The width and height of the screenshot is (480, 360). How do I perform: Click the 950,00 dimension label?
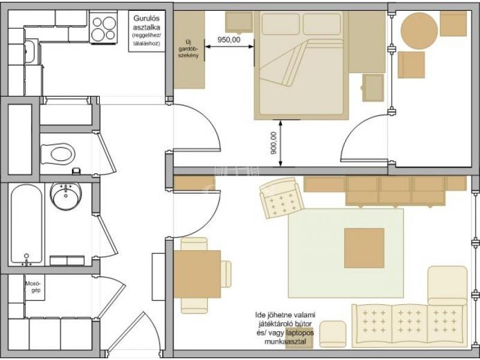229,40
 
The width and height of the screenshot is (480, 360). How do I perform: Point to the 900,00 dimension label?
274,143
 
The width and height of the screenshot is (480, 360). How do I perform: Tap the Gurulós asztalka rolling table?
146,31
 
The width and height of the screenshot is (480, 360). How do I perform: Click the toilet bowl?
58,154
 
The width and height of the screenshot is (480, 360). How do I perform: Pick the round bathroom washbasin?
65,196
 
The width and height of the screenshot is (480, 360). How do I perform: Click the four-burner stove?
104,28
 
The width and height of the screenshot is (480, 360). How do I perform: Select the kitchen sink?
29,52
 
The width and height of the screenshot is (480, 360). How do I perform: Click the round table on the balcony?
419,31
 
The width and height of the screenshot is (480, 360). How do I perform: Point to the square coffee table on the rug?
364,248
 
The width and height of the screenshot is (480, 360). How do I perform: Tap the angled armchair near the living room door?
281,198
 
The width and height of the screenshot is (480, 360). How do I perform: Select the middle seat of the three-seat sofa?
409,325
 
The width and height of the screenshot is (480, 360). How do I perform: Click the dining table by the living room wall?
197,274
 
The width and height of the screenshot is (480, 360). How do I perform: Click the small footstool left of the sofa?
333,334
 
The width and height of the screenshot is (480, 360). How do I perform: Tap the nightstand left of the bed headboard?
239,22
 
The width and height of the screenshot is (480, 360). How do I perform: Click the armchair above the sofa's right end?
448,286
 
